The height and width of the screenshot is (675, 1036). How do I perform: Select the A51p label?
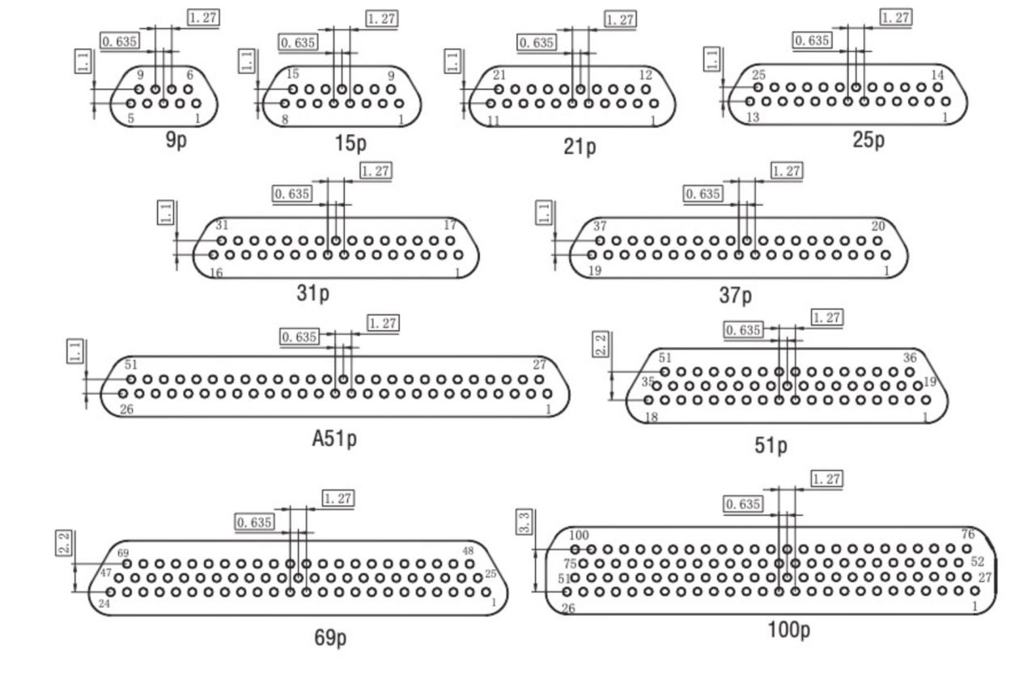(x=334, y=439)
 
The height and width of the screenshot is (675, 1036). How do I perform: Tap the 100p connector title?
(x=788, y=630)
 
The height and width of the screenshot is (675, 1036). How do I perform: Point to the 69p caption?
(x=330, y=639)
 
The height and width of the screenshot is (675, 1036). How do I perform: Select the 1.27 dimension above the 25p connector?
(x=895, y=17)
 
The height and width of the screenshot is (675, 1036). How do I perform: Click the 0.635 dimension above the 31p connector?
(x=292, y=193)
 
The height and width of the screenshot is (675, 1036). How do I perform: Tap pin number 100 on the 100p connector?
(x=579, y=535)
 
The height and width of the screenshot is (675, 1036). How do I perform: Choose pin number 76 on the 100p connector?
(x=967, y=534)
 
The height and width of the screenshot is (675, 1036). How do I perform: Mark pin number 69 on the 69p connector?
(x=124, y=553)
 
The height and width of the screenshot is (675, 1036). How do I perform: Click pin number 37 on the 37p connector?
(x=600, y=226)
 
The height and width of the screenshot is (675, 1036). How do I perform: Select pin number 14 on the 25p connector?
(x=937, y=75)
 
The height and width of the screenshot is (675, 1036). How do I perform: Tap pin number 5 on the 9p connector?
(x=129, y=119)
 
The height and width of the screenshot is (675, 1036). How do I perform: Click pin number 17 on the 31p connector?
(x=450, y=225)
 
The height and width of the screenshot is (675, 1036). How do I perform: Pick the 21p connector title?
(x=580, y=147)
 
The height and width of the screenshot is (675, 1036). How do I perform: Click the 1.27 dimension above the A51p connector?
(x=383, y=323)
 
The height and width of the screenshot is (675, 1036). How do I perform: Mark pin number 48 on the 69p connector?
(x=467, y=551)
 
